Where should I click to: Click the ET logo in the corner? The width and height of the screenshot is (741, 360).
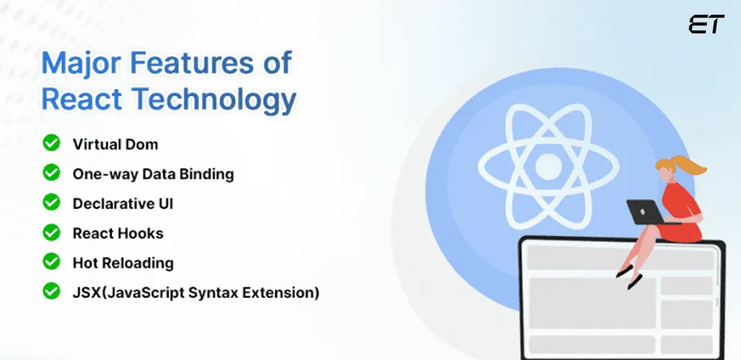pyautogui.click(x=705, y=24)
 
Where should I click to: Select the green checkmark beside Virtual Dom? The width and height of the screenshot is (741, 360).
pyautogui.click(x=51, y=144)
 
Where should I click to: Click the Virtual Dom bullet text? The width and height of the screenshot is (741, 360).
pyautogui.click(x=115, y=144)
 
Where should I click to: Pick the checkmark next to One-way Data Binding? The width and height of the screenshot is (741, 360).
pyautogui.click(x=51, y=173)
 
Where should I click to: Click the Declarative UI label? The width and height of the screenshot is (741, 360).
pyautogui.click(x=123, y=203)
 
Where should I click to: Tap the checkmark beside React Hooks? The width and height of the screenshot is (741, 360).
pyautogui.click(x=51, y=233)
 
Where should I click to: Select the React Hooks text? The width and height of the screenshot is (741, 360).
pyautogui.click(x=118, y=233)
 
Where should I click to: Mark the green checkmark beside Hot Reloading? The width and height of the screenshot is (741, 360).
pyautogui.click(x=51, y=262)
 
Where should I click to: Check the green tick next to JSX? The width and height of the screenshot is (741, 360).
pyautogui.click(x=51, y=291)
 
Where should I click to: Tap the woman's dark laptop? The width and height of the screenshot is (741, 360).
pyautogui.click(x=644, y=211)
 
